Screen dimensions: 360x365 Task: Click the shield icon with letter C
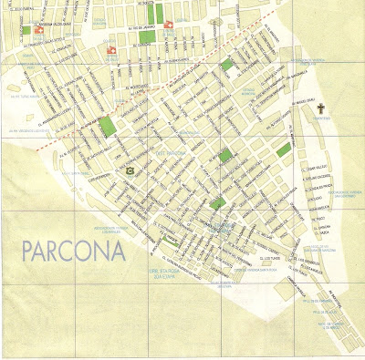coord(130,170)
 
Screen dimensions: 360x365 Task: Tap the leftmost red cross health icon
coord(26,29)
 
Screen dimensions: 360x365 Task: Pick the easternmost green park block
coord(284,149)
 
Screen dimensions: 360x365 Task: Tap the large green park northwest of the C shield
coord(108,127)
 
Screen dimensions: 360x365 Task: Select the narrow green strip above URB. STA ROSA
coord(170,241)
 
